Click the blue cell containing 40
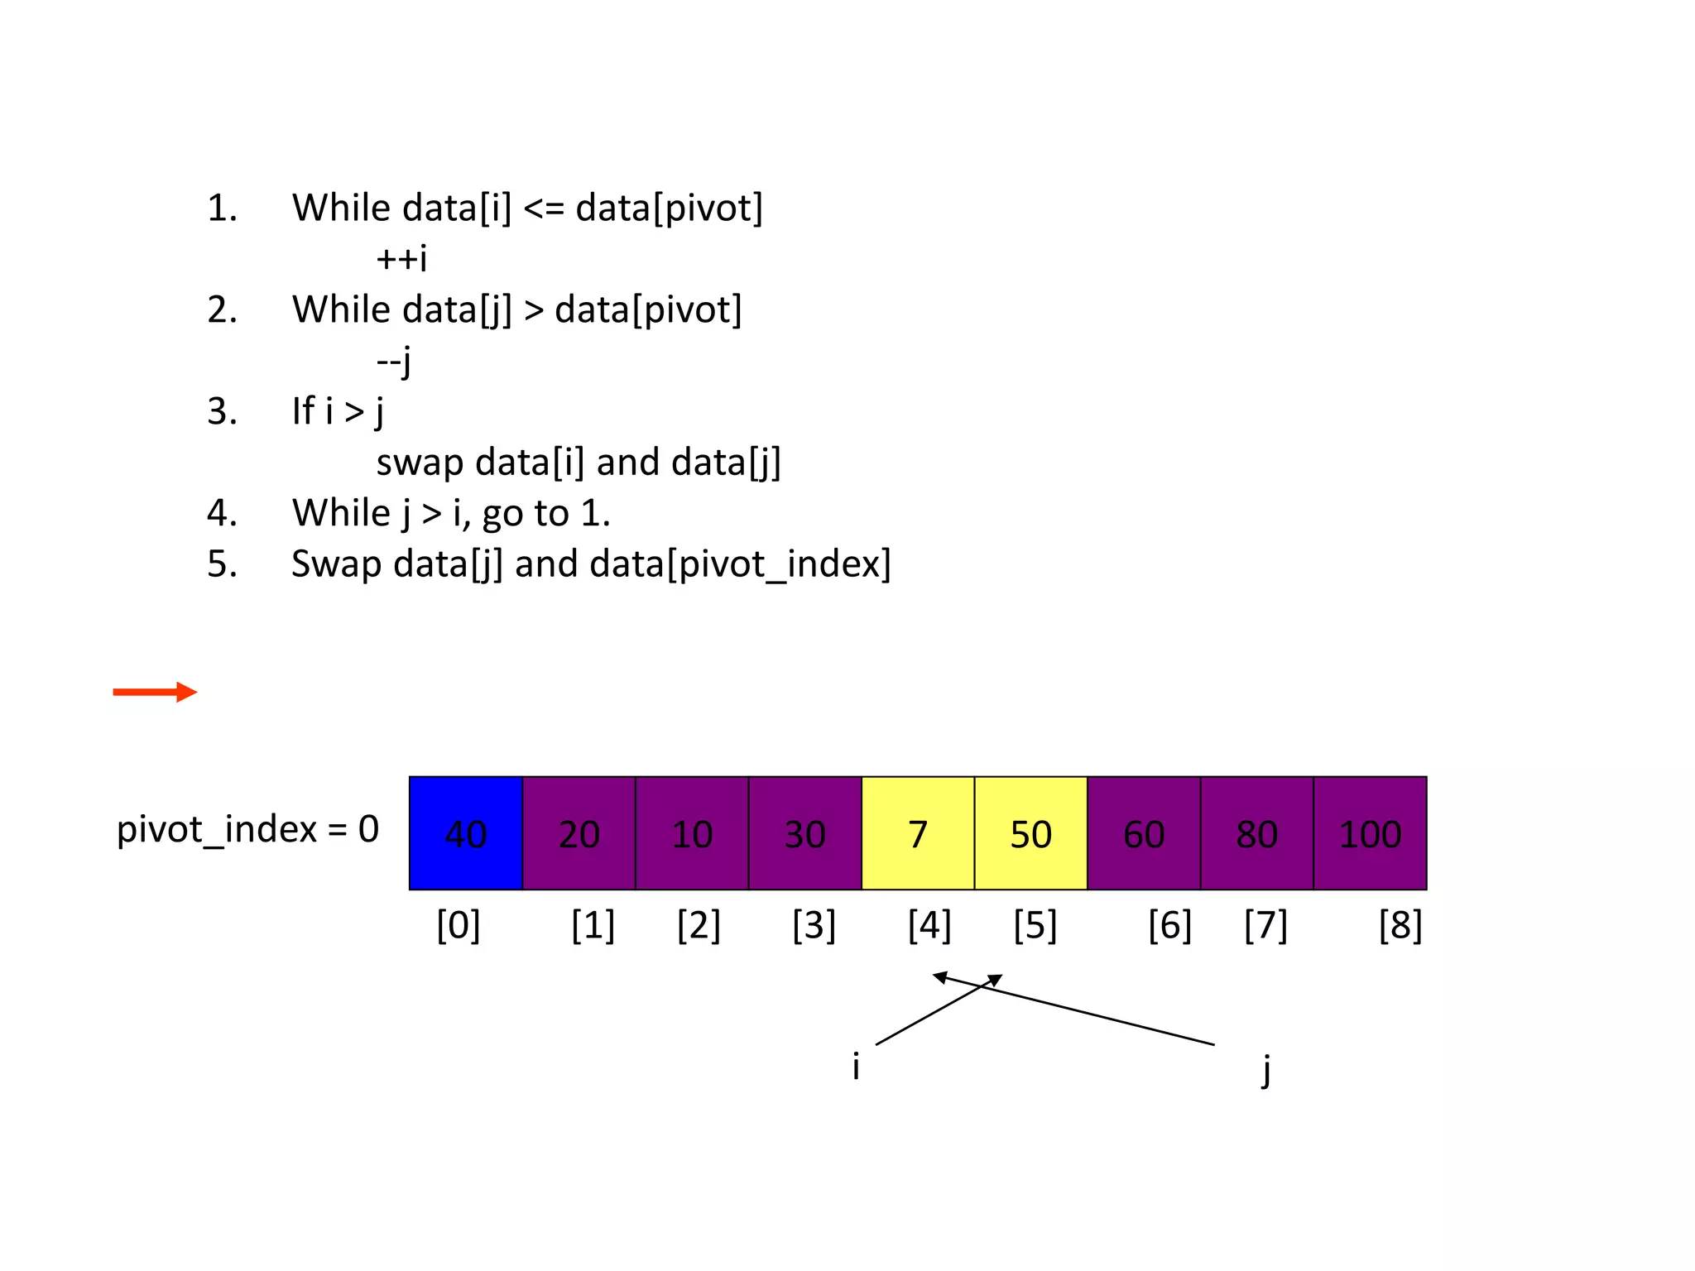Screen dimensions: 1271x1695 465,832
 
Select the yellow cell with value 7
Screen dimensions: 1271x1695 917,832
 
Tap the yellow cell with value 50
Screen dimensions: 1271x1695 1030,832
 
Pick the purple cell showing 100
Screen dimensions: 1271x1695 1370,832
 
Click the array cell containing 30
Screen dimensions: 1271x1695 804,832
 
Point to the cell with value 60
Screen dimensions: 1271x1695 1144,832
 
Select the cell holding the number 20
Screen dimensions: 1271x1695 579,832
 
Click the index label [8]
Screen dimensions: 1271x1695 1400,925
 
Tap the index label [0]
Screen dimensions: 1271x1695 458,925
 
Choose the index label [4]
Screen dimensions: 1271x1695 929,925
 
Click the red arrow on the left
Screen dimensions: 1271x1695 155,692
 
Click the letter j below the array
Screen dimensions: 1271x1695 1265,1069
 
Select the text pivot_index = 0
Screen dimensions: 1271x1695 247,829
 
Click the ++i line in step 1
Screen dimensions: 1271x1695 401,258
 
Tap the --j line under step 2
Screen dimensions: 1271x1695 394,361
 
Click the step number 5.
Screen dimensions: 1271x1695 221,564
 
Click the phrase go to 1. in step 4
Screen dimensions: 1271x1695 546,514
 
